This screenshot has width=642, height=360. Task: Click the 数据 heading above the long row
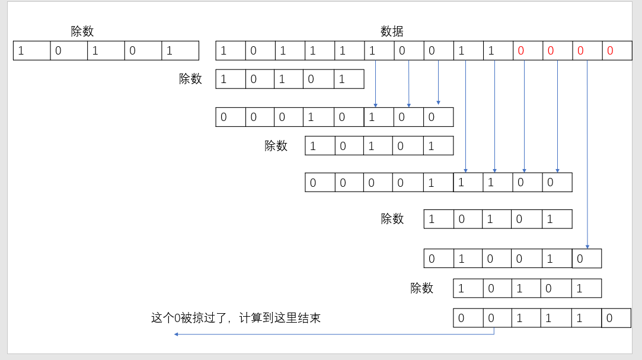(392, 32)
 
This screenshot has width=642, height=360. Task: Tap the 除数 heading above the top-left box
(82, 32)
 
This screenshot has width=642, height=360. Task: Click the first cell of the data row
(231, 51)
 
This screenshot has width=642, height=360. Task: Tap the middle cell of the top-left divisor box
(106, 51)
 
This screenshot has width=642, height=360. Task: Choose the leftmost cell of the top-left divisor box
(31, 51)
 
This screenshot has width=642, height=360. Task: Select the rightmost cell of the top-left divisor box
(180, 51)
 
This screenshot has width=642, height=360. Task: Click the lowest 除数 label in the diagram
(421, 288)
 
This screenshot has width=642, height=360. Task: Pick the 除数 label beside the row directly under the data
(190, 79)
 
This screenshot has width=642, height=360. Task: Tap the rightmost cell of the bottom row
(617, 318)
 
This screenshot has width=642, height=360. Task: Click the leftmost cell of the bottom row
(468, 318)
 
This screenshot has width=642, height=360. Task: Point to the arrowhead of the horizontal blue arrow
(176, 334)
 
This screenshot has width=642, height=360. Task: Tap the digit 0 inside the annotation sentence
(177, 318)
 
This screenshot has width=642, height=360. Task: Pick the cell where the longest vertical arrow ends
(587, 259)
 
